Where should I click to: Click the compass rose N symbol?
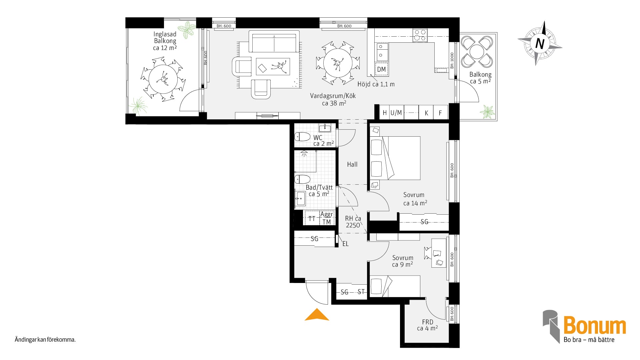[540, 44]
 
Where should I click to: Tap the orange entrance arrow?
[317, 315]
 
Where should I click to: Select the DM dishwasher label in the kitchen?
[382, 69]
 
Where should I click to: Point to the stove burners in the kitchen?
[420, 35]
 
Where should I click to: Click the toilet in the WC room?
[302, 137]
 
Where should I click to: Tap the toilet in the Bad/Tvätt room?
[302, 179]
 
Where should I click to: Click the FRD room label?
[428, 322]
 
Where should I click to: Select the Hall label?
[352, 164]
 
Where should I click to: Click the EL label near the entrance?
[346, 244]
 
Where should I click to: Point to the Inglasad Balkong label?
[165, 37]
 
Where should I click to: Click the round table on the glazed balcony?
[163, 79]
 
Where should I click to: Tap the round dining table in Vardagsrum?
[338, 63]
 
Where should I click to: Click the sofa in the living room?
[274, 41]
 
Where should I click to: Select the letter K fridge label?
[426, 113]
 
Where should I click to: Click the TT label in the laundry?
[312, 219]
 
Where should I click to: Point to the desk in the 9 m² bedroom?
[439, 253]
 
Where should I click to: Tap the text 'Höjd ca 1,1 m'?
[376, 84]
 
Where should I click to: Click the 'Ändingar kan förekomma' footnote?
[45, 340]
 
